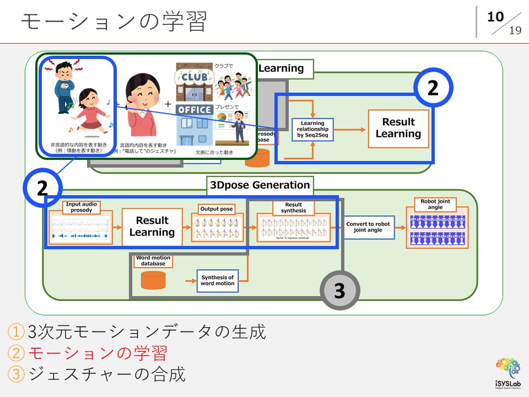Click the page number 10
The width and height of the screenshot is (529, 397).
click(x=495, y=17)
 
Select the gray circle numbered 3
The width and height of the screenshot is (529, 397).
click(x=339, y=291)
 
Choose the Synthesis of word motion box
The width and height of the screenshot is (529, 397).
click(x=217, y=281)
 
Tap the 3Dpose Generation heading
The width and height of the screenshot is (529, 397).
click(x=260, y=185)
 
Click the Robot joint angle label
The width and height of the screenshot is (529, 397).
click(x=435, y=205)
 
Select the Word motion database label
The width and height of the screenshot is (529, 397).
click(x=153, y=260)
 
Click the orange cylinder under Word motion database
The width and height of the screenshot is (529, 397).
click(x=153, y=280)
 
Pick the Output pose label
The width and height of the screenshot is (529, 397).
click(x=216, y=210)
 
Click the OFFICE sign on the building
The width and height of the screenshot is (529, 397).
click(x=194, y=110)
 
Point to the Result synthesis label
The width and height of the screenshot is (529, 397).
click(x=293, y=208)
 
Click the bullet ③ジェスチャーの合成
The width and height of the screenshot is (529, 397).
click(x=96, y=374)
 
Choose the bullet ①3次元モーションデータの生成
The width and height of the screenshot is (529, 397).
click(x=137, y=331)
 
